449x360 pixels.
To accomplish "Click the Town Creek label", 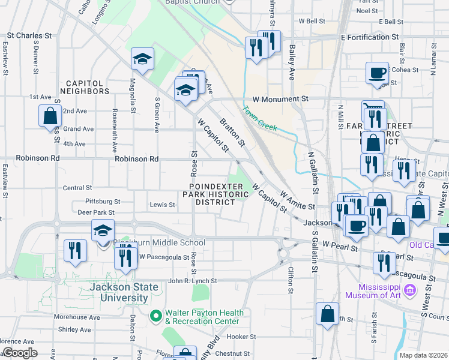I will point(260,119).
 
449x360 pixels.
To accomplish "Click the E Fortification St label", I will point(369,37).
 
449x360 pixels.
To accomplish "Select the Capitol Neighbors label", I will point(88,87).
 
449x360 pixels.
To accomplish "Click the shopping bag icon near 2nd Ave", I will point(49,115).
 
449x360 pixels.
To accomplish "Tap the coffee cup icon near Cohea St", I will point(377,73).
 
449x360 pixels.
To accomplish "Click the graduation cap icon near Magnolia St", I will point(143,58).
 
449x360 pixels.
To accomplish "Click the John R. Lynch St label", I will point(192,281).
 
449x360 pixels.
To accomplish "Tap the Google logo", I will point(20,353).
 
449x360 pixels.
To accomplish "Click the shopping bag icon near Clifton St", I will point(328,314).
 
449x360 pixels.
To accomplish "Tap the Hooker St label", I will point(241,337).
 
